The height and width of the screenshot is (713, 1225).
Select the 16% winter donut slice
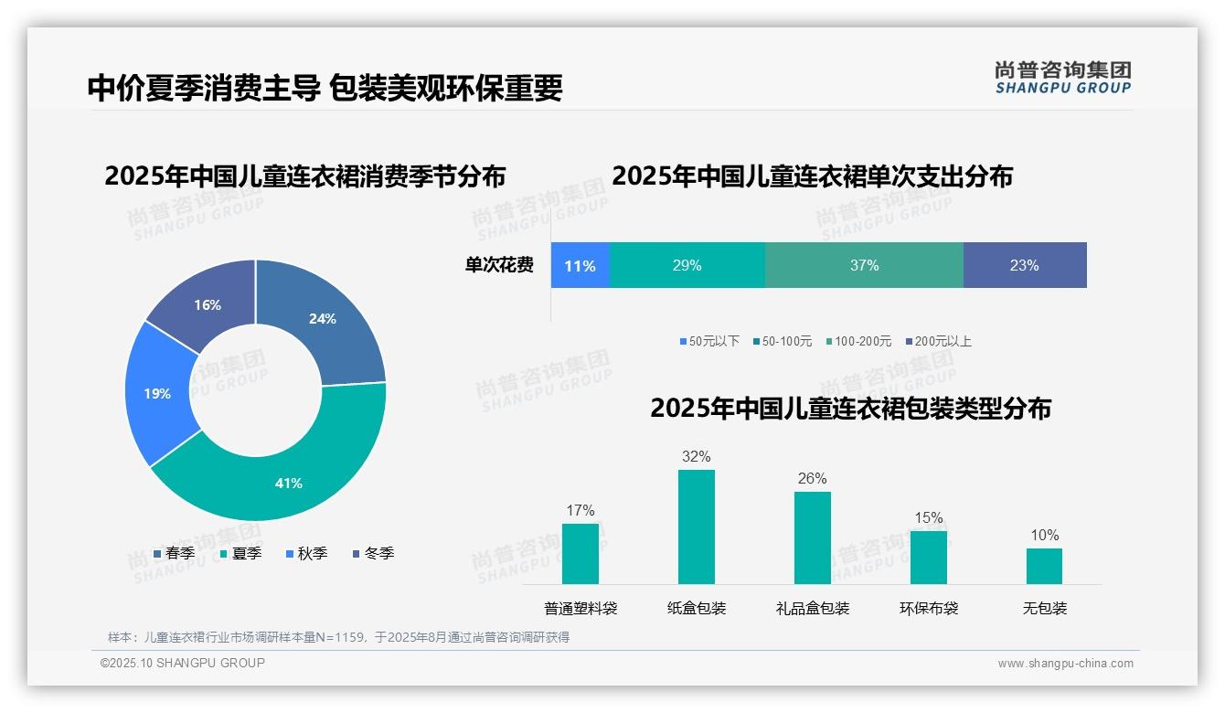pyautogui.click(x=208, y=305)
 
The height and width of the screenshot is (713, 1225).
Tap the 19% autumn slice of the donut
pyautogui.click(x=158, y=394)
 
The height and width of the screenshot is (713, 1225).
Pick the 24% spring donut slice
pyautogui.click(x=322, y=319)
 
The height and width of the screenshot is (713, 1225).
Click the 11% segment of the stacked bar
pyautogui.click(x=580, y=266)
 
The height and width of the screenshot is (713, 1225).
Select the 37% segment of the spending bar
pyautogui.click(x=864, y=266)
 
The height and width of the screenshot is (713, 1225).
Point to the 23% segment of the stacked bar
pyautogui.click(x=1024, y=266)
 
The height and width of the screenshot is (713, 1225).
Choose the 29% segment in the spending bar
pyautogui.click(x=687, y=266)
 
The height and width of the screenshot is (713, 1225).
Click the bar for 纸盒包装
pyautogui.click(x=697, y=527)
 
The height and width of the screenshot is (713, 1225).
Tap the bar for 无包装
pyautogui.click(x=1044, y=566)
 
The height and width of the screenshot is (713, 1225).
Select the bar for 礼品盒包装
pyautogui.click(x=813, y=538)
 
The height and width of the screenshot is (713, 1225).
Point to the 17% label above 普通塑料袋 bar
pyautogui.click(x=581, y=511)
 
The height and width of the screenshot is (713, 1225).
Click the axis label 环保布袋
pyautogui.click(x=929, y=609)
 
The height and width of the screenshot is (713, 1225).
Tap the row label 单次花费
pyautogui.click(x=499, y=266)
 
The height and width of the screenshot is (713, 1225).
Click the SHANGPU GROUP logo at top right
pyautogui.click(x=1063, y=78)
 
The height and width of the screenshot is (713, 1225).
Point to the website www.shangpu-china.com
pyautogui.click(x=1065, y=664)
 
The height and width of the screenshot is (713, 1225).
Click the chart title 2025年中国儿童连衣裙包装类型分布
pyautogui.click(x=850, y=409)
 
